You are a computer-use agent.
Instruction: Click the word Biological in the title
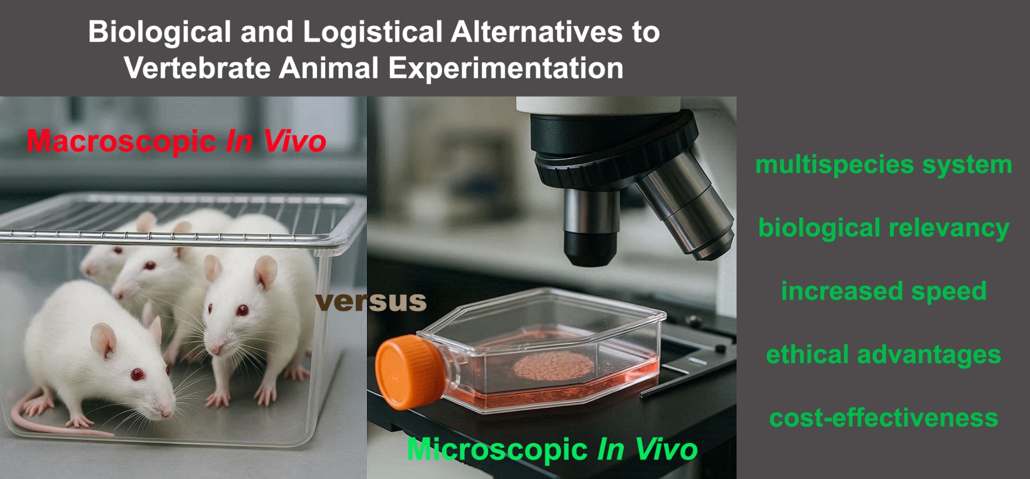click(x=160, y=32)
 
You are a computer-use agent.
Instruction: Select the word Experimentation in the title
click(x=506, y=69)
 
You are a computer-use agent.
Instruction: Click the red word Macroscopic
click(x=121, y=142)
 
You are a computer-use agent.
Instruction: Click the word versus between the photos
click(x=371, y=301)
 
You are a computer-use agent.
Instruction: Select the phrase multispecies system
click(x=884, y=165)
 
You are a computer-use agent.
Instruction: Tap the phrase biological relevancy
click(x=884, y=228)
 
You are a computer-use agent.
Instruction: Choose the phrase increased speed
click(x=884, y=292)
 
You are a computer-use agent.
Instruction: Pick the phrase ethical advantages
click(x=884, y=354)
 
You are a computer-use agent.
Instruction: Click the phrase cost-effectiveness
click(x=884, y=418)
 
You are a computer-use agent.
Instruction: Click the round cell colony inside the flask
click(x=554, y=366)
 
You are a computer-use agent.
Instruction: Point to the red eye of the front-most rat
click(x=137, y=374)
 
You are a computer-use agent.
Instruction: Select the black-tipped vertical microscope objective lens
click(x=591, y=226)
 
